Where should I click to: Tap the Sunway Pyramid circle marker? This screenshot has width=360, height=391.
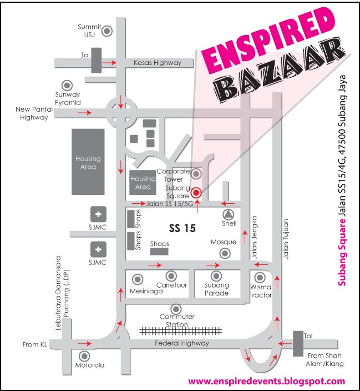coord(68,85)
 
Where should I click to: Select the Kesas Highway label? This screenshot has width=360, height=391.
coord(158,63)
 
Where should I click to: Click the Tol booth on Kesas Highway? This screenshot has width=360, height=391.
coord(97,60)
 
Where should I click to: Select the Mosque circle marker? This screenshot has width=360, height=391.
coord(225,253)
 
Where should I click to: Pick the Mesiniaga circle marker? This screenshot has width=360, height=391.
coord(137,279)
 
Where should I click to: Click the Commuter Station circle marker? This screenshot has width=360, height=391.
coord(176,308)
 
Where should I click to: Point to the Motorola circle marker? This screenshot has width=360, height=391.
coord(85,356)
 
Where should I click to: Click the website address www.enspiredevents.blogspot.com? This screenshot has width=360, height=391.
coord(267,382)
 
